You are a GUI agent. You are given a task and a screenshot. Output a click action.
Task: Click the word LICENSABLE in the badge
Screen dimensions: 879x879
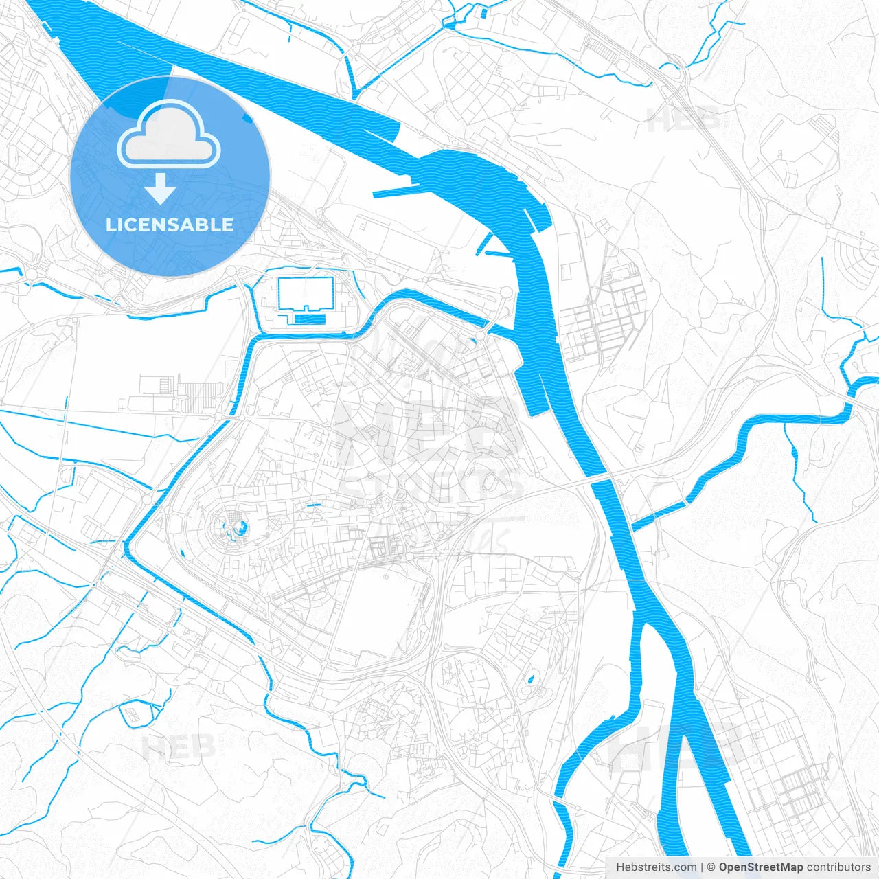click(x=169, y=225)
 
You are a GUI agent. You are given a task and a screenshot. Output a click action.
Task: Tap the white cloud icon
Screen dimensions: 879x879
click(x=169, y=135)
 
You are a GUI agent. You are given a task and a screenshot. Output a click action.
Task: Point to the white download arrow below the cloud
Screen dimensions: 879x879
click(x=161, y=189)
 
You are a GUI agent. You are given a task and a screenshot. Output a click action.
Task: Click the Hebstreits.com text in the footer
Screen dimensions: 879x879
click(x=657, y=867)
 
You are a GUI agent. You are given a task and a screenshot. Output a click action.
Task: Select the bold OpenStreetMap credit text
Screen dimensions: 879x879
click(x=761, y=867)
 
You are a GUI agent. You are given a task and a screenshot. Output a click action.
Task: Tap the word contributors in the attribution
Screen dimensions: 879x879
click(x=838, y=867)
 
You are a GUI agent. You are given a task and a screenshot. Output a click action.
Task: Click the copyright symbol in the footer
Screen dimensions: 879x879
click(x=711, y=867)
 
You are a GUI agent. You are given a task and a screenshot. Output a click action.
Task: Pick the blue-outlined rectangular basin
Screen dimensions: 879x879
click(x=306, y=293)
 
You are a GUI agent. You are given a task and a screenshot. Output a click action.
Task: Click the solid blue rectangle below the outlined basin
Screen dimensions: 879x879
click(x=310, y=319)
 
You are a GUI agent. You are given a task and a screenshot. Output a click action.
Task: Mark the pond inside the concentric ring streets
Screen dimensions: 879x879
click(x=240, y=527)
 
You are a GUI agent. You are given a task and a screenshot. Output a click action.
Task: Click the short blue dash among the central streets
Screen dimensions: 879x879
click(x=314, y=506)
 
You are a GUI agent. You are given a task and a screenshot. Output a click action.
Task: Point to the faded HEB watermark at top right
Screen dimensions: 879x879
click(x=683, y=118)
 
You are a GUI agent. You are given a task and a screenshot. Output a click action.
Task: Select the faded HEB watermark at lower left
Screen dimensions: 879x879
click(x=179, y=746)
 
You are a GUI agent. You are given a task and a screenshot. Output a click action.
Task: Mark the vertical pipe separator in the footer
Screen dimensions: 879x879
click(x=703, y=867)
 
